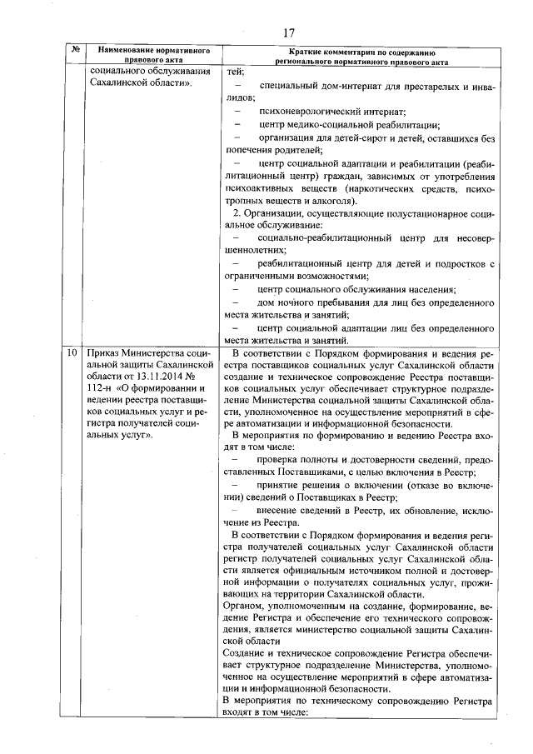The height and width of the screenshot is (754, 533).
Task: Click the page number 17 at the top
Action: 288,32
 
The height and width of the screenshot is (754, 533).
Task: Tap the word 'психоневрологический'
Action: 310,111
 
